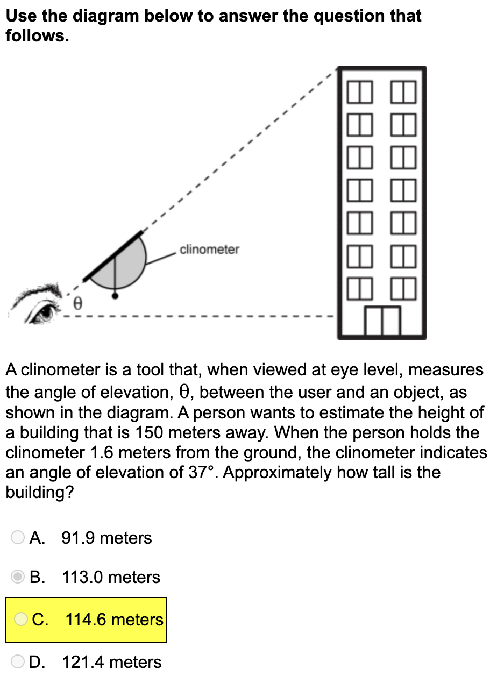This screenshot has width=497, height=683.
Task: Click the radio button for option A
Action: (x=18, y=537)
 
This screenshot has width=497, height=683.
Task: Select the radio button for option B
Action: (x=18, y=577)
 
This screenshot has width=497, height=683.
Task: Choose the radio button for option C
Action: (x=21, y=620)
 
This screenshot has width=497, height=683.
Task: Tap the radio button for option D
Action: (x=18, y=661)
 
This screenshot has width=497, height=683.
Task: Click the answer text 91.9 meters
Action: (x=107, y=538)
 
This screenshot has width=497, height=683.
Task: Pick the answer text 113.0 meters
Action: (x=111, y=577)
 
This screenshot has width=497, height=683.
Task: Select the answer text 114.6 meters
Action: (x=114, y=620)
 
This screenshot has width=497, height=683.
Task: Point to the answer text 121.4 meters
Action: (x=112, y=662)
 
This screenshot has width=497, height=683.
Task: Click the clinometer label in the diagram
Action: (x=210, y=250)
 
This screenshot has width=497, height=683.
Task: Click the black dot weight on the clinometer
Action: (x=115, y=295)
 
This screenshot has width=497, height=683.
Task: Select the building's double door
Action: (x=382, y=321)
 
